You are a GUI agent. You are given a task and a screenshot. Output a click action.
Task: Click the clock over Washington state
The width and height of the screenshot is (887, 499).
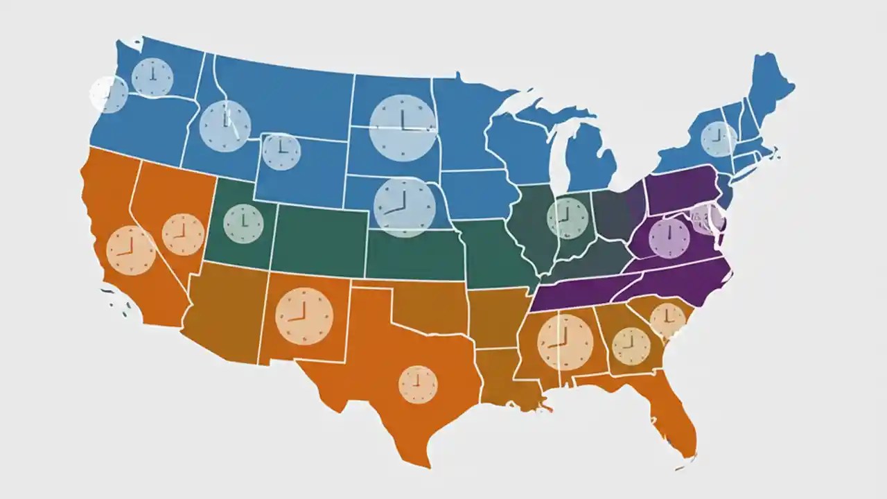[x=152, y=77]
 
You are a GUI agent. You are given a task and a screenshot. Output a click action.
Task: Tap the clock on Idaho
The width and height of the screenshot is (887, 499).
[x=225, y=126]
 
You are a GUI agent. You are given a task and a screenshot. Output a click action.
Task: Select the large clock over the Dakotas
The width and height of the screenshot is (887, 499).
[x=403, y=128]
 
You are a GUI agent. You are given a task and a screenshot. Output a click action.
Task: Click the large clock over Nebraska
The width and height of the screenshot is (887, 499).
[x=404, y=207]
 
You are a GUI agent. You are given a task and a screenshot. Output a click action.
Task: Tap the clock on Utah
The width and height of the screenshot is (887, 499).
[x=244, y=224]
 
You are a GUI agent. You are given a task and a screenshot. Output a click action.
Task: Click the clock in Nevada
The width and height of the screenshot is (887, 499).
[x=183, y=234]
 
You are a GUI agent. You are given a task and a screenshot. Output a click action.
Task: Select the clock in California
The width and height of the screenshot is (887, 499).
[x=131, y=250]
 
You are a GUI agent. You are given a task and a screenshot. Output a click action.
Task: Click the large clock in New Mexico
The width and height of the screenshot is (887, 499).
[x=304, y=316]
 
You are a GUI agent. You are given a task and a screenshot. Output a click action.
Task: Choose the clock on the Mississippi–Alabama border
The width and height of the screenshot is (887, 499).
[x=565, y=342]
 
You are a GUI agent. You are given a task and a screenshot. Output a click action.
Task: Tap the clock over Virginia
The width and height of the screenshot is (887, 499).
[x=669, y=238]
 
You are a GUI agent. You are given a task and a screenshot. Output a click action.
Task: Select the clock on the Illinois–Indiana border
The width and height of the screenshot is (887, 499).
[x=568, y=218]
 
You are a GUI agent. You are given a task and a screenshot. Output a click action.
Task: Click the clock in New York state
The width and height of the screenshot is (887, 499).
[x=719, y=139]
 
